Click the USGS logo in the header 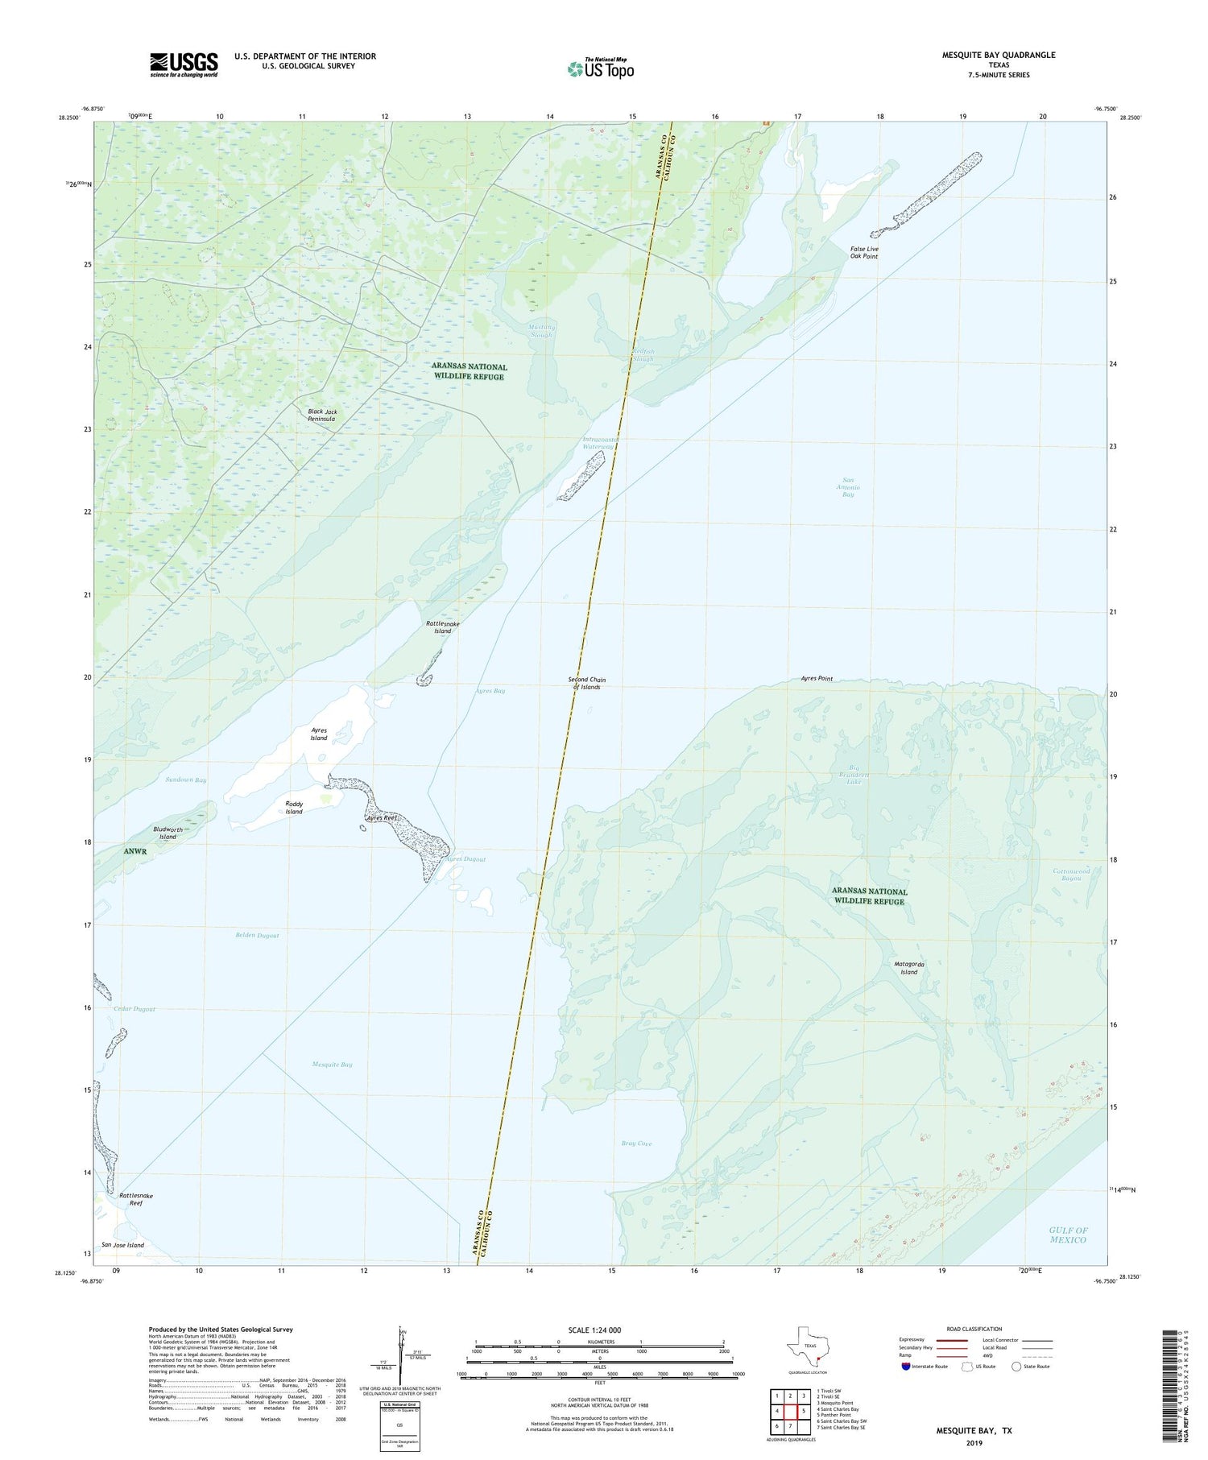[x=184, y=64]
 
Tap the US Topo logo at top [x=600, y=68]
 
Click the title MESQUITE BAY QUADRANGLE [x=999, y=55]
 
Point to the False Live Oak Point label [x=864, y=252]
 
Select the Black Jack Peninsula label [x=322, y=415]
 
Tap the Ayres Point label [x=817, y=678]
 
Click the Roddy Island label [x=294, y=807]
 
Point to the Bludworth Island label [x=168, y=833]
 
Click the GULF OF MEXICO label [x=1068, y=1235]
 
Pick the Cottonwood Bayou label [x=1071, y=874]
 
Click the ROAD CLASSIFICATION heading [x=974, y=1329]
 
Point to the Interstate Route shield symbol [x=906, y=1367]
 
